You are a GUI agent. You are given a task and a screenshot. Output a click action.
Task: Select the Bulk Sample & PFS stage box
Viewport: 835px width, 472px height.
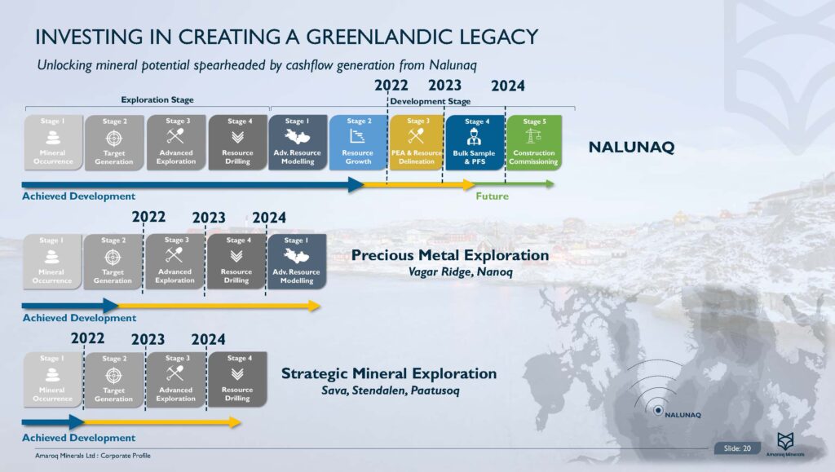tap(475, 143)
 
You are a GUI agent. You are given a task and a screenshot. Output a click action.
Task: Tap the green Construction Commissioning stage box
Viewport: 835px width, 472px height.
tap(535, 143)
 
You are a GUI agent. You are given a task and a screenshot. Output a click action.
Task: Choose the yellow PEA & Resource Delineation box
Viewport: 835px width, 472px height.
tap(416, 143)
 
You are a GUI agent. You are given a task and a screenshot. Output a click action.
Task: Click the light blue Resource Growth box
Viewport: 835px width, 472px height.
tap(357, 143)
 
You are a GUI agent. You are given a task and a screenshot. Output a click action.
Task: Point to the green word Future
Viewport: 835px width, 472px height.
tap(492, 196)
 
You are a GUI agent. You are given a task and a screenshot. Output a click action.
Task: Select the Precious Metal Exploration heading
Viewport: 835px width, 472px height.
tap(449, 255)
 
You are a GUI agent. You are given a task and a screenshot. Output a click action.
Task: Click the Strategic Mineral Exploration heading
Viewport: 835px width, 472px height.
tap(388, 373)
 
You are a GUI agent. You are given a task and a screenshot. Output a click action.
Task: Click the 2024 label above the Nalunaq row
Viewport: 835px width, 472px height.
tap(507, 86)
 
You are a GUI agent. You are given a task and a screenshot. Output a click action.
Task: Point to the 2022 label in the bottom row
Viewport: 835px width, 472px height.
tap(87, 339)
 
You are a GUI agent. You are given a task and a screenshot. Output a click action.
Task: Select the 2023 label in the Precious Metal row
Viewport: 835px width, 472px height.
tap(209, 217)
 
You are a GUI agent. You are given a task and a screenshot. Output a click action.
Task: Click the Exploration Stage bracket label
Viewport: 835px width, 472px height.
tap(157, 100)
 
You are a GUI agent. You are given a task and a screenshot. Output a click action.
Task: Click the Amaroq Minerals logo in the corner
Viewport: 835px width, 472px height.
tap(785, 443)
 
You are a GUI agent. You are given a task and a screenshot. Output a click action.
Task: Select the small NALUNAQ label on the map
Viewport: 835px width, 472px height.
tap(683, 415)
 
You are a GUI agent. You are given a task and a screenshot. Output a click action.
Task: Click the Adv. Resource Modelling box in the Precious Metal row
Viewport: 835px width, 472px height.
tap(297, 262)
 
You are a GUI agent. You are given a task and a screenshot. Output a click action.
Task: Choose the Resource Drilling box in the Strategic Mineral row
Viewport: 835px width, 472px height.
tap(237, 380)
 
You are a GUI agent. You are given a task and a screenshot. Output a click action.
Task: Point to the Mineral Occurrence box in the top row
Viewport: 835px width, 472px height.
tap(53, 143)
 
